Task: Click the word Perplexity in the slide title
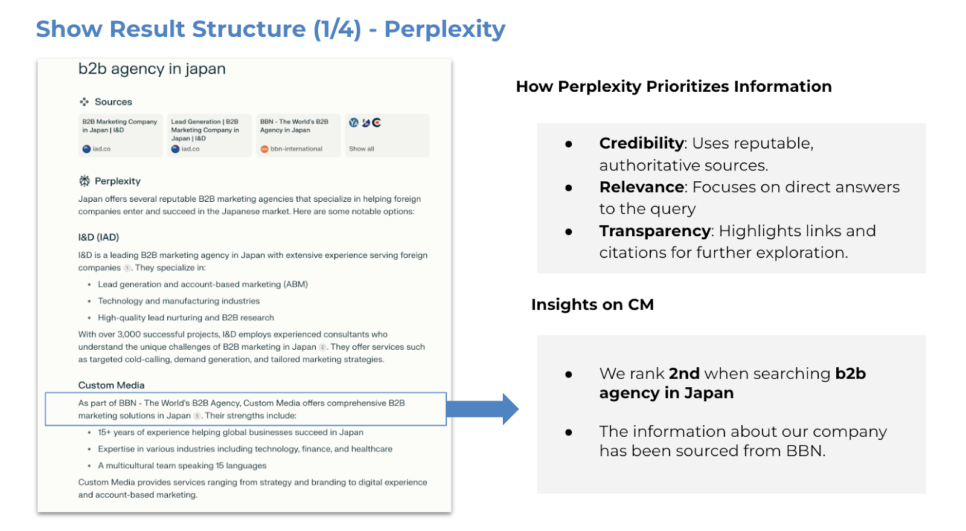click(444, 30)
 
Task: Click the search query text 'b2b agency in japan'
click(152, 69)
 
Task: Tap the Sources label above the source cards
click(114, 102)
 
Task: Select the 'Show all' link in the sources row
click(362, 149)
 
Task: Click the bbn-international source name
click(296, 149)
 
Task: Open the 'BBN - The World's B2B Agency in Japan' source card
click(298, 135)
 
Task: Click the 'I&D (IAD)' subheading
click(98, 237)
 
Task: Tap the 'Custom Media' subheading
click(111, 385)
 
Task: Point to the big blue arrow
click(482, 409)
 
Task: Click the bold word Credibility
click(641, 143)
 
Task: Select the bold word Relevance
click(641, 187)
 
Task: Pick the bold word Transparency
click(654, 231)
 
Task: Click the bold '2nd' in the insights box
click(684, 373)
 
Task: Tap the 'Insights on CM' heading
click(592, 304)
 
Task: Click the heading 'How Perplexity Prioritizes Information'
click(674, 87)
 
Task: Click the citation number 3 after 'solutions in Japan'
click(197, 416)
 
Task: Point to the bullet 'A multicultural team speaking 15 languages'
click(182, 466)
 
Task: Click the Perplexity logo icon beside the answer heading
click(85, 181)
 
